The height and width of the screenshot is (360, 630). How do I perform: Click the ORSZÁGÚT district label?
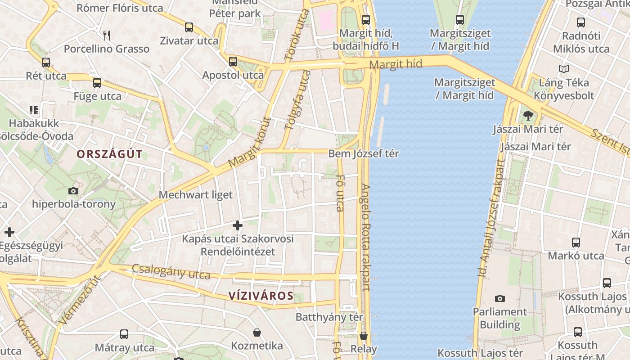click(109, 154)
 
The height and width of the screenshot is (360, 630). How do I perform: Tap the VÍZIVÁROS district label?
click(261, 296)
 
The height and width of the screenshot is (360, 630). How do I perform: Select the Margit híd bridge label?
click(396, 64)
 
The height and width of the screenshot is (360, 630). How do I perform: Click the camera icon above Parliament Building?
click(499, 298)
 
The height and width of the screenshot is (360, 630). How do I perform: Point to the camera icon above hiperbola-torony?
click(73, 191)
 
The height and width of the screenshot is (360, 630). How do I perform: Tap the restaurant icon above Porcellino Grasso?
click(107, 35)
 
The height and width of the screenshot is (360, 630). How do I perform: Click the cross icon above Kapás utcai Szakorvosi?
click(238, 225)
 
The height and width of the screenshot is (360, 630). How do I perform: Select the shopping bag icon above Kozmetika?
click(257, 333)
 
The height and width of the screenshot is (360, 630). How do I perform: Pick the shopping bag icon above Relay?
click(364, 336)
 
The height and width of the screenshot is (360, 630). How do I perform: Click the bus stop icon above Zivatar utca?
click(189, 27)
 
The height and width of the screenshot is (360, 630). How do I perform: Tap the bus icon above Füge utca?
click(97, 83)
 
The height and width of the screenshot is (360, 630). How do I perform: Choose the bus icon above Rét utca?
click(46, 62)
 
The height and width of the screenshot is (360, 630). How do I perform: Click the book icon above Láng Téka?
click(563, 69)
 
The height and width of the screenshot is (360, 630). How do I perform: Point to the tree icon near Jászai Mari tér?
click(528, 116)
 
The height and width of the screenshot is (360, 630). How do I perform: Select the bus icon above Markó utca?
click(576, 242)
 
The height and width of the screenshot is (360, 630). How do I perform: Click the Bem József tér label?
click(364, 153)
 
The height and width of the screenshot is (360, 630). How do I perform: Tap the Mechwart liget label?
click(196, 195)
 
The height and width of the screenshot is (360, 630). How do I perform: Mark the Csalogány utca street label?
click(171, 271)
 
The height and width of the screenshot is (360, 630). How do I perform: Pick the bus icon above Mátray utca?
click(124, 334)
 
